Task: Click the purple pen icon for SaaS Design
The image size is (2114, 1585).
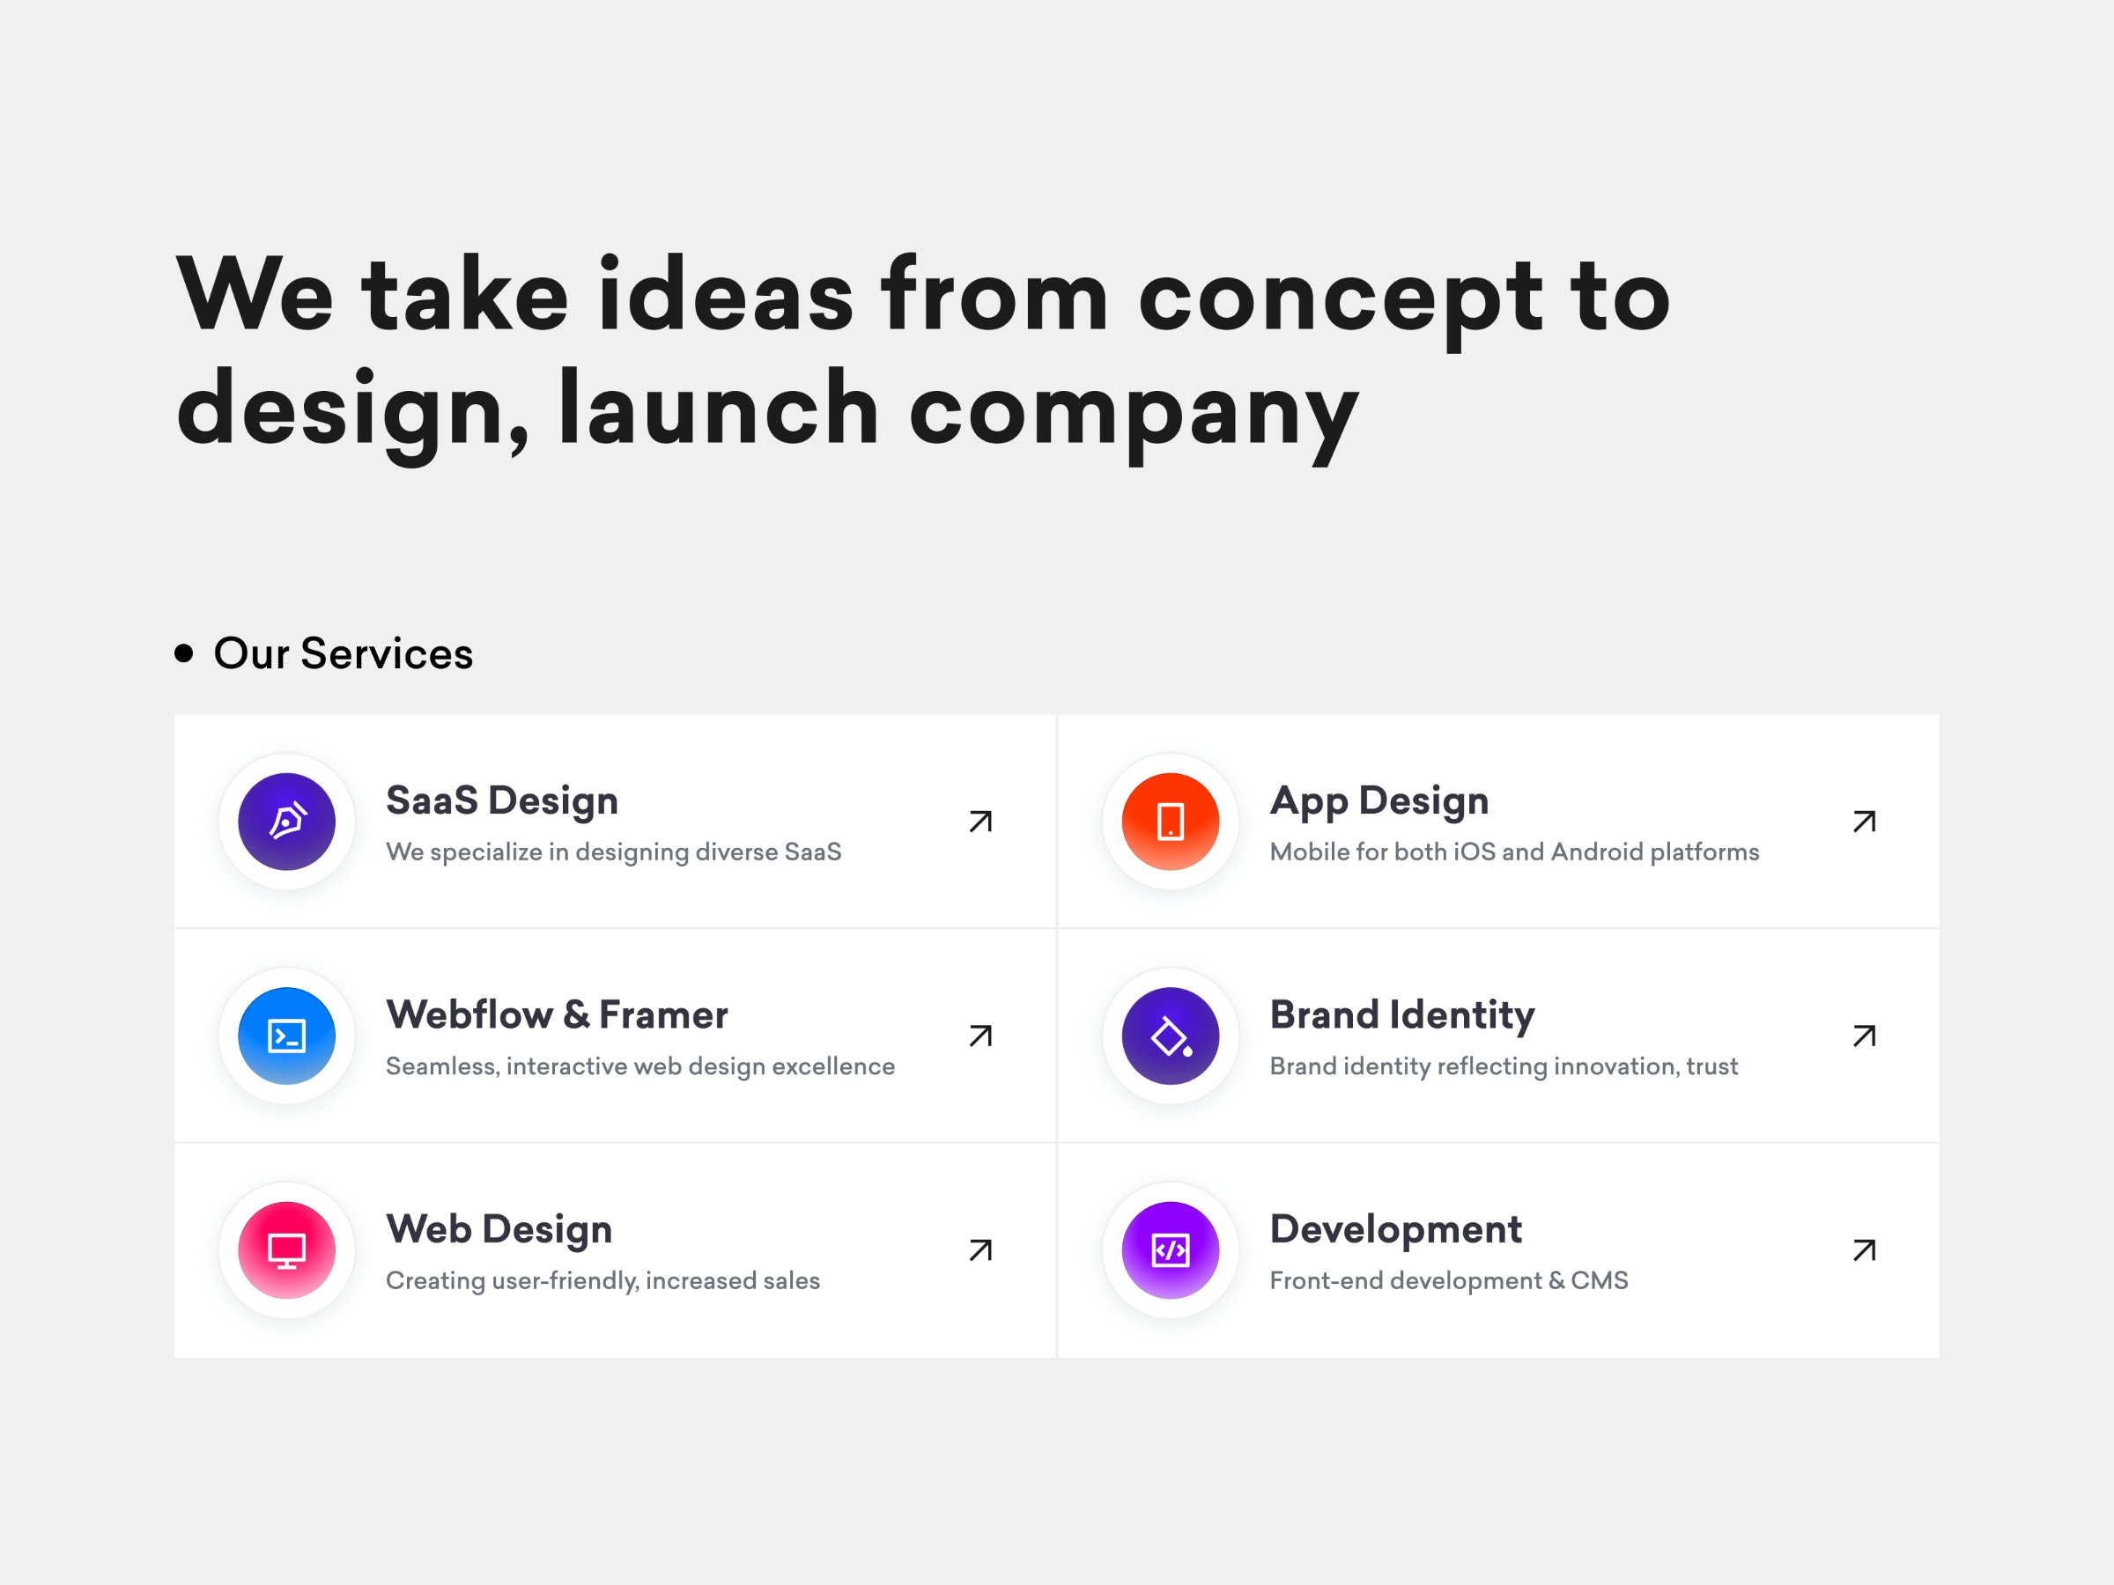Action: (x=286, y=822)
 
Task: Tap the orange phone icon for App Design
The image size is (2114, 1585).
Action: (x=1171, y=822)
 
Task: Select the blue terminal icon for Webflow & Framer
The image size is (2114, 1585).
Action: (x=286, y=1036)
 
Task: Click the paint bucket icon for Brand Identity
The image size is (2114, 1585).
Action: (x=1171, y=1036)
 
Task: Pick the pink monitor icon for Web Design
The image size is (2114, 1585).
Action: (x=286, y=1250)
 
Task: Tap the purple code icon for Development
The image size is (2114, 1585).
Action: (x=1171, y=1250)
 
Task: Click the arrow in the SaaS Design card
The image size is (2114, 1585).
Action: (x=980, y=822)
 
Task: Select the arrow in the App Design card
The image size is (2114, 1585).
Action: (x=1865, y=822)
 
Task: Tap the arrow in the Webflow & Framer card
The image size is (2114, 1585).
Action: (x=980, y=1036)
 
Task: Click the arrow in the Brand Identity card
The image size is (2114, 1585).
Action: (x=1865, y=1036)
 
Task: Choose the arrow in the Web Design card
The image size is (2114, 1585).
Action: (x=980, y=1250)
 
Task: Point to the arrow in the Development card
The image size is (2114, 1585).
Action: (x=1865, y=1250)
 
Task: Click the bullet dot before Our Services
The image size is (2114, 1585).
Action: (x=184, y=653)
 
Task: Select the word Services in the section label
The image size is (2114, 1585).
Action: (x=386, y=654)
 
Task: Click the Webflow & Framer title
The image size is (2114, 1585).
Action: (x=556, y=1014)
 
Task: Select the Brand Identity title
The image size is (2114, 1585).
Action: (x=1402, y=1014)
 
